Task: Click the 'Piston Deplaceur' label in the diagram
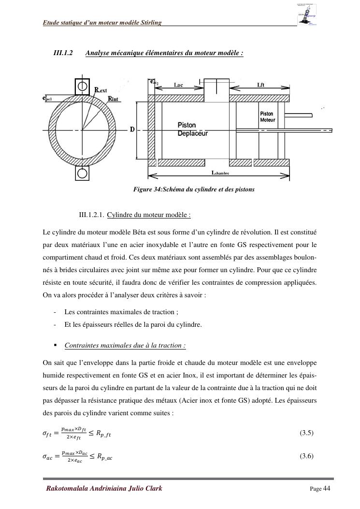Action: pos(192,129)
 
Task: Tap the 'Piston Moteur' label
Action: pos(267,116)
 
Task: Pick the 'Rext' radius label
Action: pos(101,90)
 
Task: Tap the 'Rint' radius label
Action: pos(114,99)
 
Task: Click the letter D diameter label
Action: pos(132,130)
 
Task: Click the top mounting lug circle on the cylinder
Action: pos(82,86)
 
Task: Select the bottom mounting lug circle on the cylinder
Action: pos(82,173)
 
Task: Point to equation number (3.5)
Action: pos(307,433)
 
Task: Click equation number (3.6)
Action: pos(307,456)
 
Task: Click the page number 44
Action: pos(327,488)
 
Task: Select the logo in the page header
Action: pos(307,15)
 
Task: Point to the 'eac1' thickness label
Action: pos(47,98)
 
